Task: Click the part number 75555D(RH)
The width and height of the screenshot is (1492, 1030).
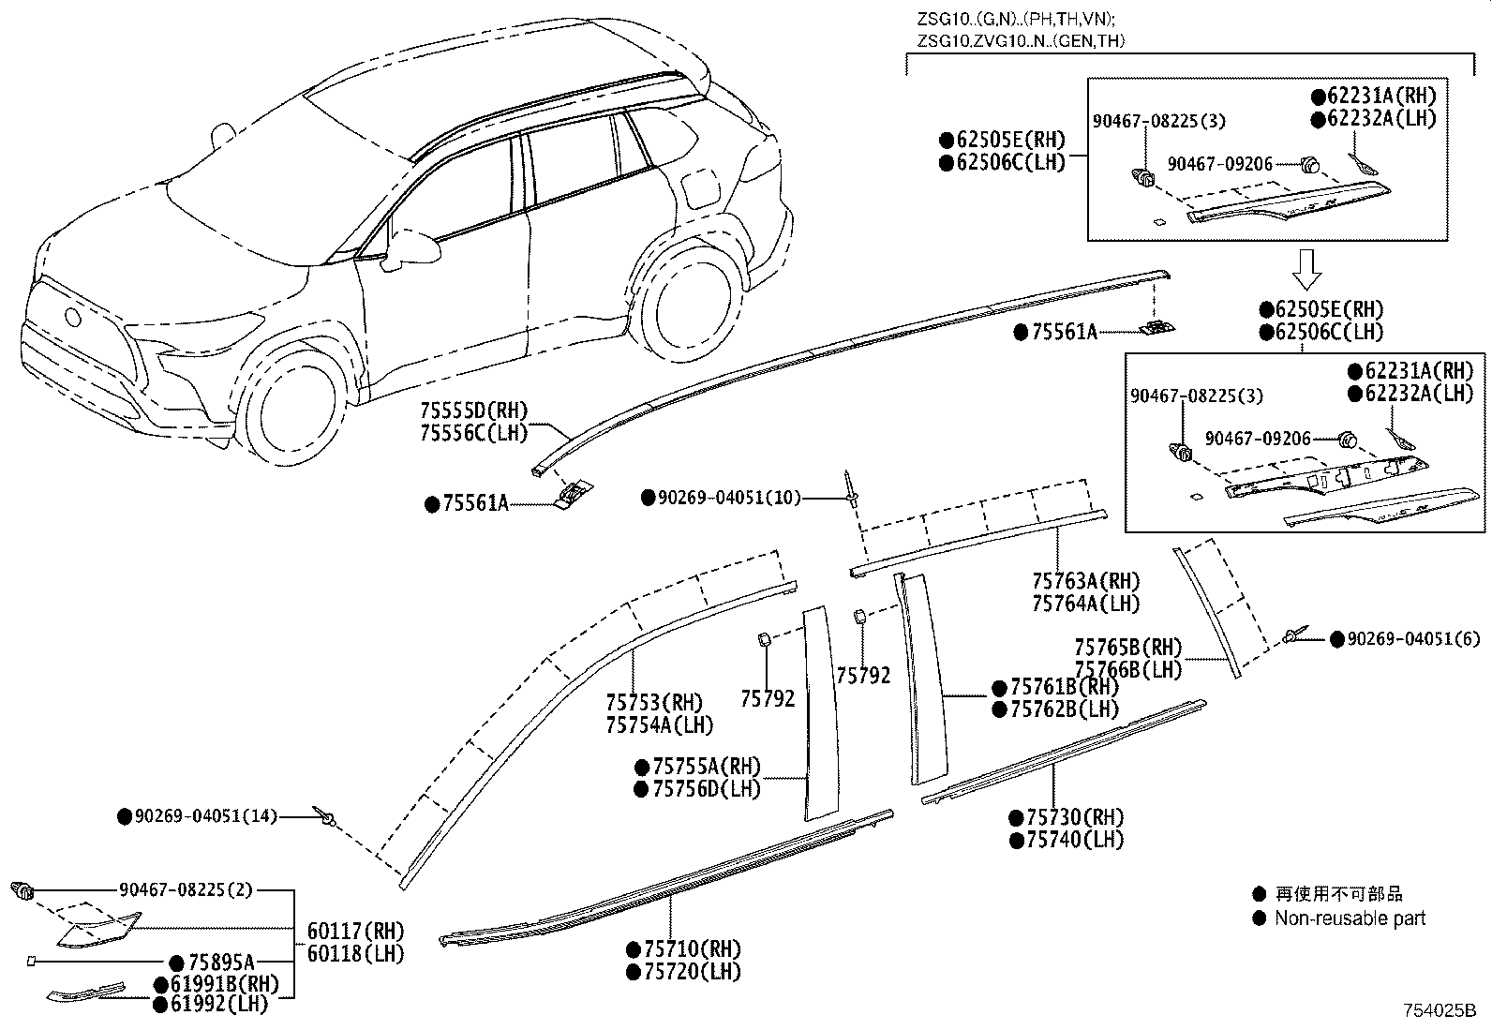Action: (473, 411)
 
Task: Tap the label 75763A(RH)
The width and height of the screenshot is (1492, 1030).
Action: (1085, 581)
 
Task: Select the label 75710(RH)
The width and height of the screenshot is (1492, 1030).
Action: (692, 948)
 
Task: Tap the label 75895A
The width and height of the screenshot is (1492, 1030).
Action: (221, 963)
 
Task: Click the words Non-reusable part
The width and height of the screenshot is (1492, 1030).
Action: (1350, 918)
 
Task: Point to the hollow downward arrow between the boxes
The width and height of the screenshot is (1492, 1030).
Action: (1306, 268)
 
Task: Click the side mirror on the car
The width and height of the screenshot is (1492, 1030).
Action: (417, 247)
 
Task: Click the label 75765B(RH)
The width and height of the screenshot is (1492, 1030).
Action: (1127, 648)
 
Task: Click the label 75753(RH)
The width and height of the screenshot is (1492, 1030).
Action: (653, 703)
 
